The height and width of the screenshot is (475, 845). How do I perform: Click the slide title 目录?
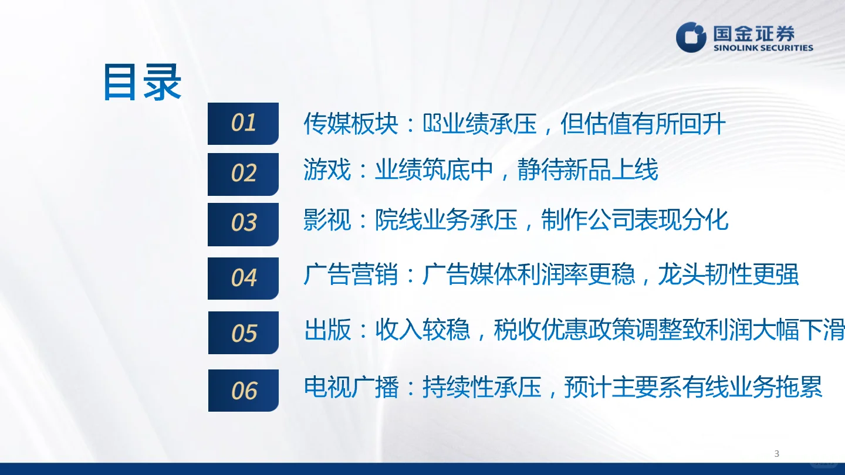click(x=142, y=83)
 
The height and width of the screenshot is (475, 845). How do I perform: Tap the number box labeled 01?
click(x=243, y=123)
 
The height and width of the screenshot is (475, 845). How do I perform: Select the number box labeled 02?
click(x=243, y=174)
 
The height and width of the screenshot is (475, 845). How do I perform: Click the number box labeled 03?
click(x=243, y=223)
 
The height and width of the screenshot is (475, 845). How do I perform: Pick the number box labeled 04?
click(x=243, y=278)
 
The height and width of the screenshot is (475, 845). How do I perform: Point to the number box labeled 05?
click(x=243, y=333)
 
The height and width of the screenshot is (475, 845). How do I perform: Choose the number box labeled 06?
click(x=243, y=390)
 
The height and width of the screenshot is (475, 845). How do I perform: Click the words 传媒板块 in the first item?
click(x=350, y=124)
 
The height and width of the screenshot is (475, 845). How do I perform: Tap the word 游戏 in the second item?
click(x=327, y=170)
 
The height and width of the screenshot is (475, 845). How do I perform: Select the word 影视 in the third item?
click(x=327, y=220)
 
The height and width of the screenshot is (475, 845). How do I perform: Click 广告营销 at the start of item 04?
click(x=350, y=274)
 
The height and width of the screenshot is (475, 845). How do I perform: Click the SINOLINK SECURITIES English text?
click(x=763, y=48)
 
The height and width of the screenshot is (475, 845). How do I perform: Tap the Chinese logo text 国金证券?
click(x=753, y=33)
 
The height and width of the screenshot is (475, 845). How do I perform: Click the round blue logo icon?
click(x=691, y=37)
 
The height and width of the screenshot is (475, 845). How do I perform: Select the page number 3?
click(x=777, y=453)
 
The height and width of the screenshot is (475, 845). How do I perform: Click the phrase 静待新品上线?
click(x=587, y=170)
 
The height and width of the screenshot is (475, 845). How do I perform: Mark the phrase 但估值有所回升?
click(x=643, y=124)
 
